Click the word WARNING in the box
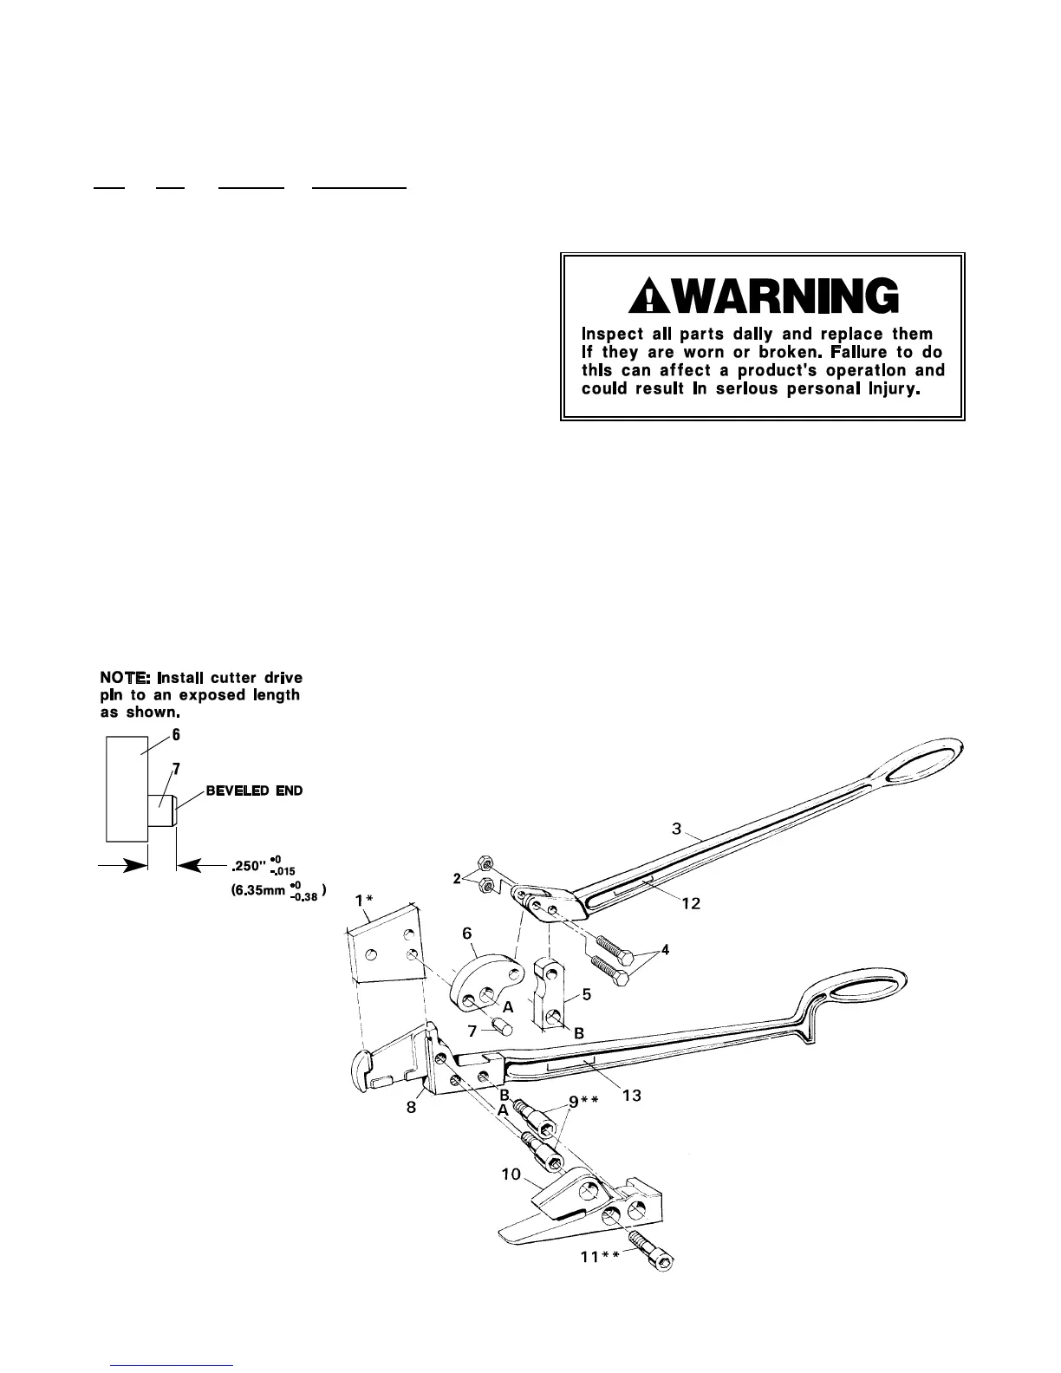click(x=776, y=297)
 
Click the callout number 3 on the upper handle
click(x=677, y=828)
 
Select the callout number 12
click(x=691, y=903)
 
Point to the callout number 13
click(x=632, y=1096)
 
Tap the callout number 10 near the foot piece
click(x=511, y=1175)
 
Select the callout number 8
click(x=413, y=1107)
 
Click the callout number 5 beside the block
click(x=587, y=994)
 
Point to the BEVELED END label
click(x=254, y=791)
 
